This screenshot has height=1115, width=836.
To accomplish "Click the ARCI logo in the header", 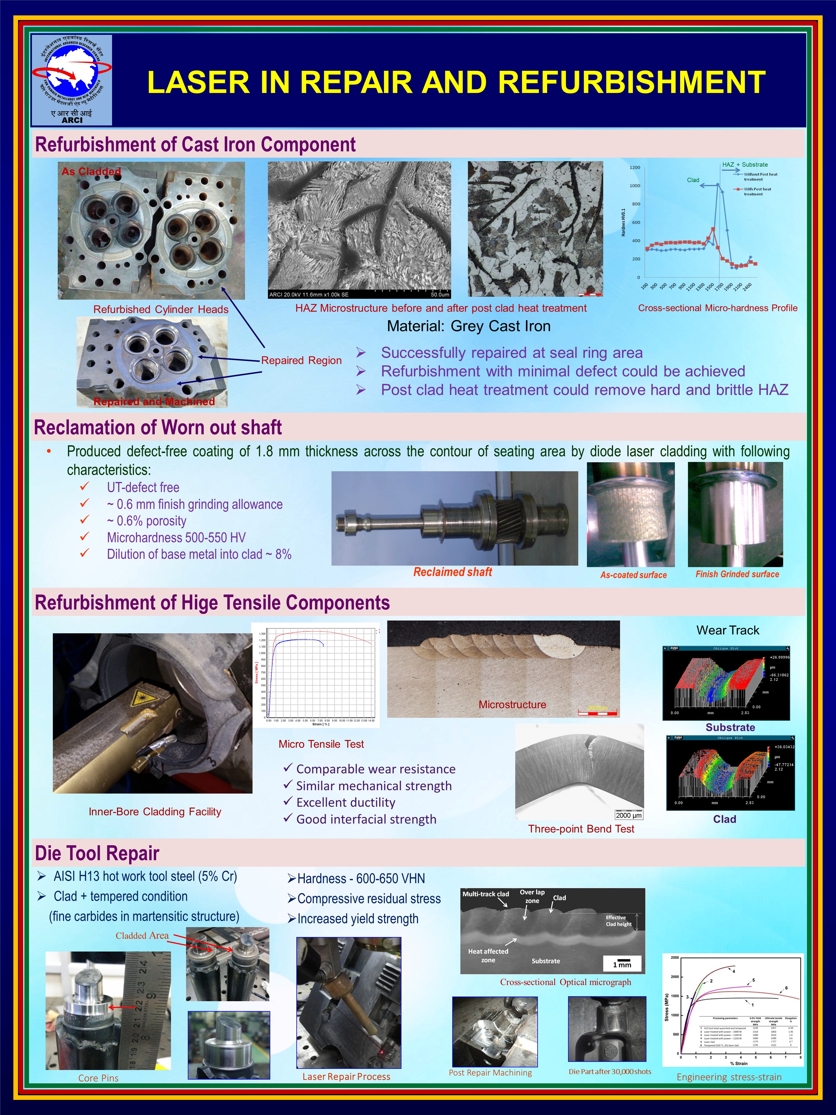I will [72, 80].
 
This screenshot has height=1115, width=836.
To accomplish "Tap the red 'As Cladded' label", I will [91, 171].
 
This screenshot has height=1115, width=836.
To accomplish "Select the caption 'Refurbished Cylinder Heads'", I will [161, 310].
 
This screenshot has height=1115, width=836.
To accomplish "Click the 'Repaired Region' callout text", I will [301, 360].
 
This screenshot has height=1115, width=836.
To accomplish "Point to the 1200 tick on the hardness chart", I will [635, 167].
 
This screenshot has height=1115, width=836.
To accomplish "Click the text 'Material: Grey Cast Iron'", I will [469, 326].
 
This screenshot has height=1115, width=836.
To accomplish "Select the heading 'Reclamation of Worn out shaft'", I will [158, 427].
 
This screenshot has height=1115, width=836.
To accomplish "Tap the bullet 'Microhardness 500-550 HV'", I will [176, 537].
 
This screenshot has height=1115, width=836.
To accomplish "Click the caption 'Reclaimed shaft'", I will [453, 572].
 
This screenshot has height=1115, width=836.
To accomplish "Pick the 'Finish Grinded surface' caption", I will [737, 574].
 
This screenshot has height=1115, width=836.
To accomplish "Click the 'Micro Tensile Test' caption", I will [321, 744].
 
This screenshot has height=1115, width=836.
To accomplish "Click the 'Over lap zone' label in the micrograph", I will [532, 896].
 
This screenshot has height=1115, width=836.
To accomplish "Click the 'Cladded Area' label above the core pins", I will [142, 936].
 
